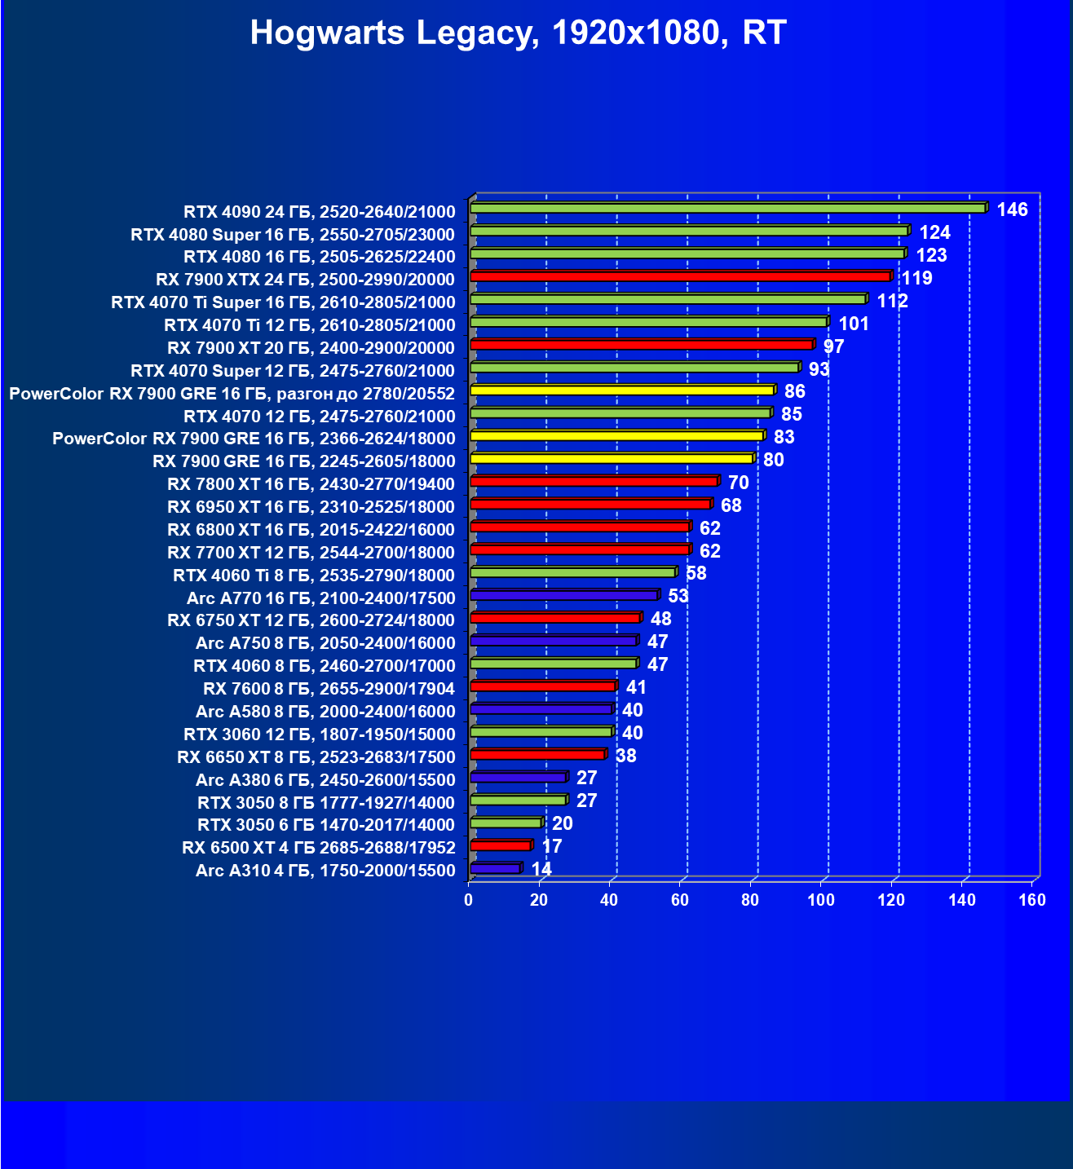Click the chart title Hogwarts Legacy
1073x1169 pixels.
coord(518,33)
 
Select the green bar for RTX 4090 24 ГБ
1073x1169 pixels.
coord(727,209)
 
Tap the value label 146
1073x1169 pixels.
coord(1012,210)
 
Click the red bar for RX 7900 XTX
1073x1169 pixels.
coord(680,277)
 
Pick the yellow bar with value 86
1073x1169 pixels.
coord(621,390)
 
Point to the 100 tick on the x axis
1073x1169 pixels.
coord(820,900)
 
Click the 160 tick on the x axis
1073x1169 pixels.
coord(1032,900)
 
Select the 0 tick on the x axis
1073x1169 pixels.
coord(468,900)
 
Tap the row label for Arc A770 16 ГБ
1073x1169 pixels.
coord(320,598)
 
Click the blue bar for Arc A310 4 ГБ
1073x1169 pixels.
coord(495,869)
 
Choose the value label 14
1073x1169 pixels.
coord(541,869)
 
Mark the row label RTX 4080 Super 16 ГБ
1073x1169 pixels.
coord(293,235)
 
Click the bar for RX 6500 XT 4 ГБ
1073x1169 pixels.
coord(500,846)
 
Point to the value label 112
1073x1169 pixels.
coord(892,302)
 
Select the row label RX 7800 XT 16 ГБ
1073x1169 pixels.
coord(311,484)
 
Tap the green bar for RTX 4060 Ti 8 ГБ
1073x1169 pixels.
coord(572,573)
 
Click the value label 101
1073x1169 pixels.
coord(854,324)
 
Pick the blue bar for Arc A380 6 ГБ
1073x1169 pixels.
coord(518,778)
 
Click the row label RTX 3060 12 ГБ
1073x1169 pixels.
coord(319,734)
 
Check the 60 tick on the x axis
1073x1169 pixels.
coord(679,900)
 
